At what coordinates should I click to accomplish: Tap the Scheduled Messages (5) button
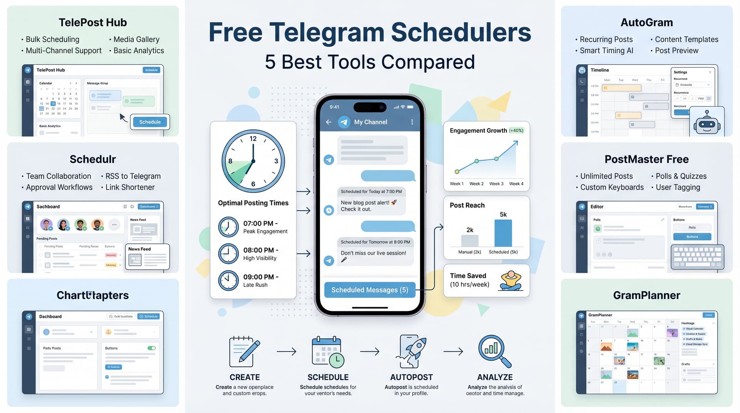(370, 290)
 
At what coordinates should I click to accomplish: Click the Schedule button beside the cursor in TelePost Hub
(150, 122)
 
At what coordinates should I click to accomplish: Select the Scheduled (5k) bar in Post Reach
(503, 233)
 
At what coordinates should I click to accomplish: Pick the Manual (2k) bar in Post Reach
(469, 240)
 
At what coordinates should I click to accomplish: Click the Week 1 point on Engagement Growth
(457, 171)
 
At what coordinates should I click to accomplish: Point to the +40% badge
(516, 131)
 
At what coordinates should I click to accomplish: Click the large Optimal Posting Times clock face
(253, 161)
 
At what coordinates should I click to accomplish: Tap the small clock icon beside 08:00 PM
(228, 254)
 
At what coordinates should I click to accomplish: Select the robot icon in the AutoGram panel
(706, 123)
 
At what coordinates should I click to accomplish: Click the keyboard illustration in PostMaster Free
(698, 257)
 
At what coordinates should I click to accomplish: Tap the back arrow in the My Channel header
(328, 122)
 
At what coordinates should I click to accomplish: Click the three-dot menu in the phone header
(412, 122)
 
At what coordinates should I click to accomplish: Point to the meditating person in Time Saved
(510, 280)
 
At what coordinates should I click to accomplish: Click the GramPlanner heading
(646, 295)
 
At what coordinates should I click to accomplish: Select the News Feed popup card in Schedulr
(147, 257)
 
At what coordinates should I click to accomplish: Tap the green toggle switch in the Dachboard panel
(151, 348)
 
